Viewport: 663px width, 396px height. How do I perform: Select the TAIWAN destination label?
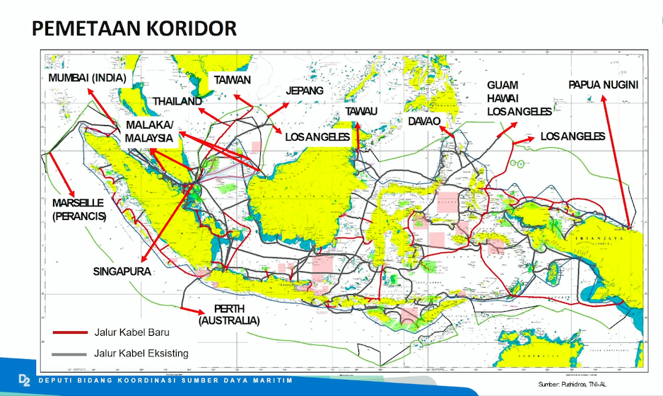(x=233, y=80)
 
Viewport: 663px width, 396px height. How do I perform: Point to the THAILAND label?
(x=177, y=101)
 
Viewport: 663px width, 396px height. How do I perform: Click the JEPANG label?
(x=305, y=91)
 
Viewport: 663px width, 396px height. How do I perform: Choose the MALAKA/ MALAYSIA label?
(x=149, y=132)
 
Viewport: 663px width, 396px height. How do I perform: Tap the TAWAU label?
(x=361, y=112)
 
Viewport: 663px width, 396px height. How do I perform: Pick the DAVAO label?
(x=424, y=122)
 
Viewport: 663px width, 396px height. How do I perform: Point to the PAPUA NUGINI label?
(x=603, y=85)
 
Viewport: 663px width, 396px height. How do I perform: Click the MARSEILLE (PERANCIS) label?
(x=78, y=210)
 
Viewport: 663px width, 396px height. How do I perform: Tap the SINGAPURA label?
(x=122, y=271)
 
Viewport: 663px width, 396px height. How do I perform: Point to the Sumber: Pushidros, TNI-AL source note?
(x=585, y=383)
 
